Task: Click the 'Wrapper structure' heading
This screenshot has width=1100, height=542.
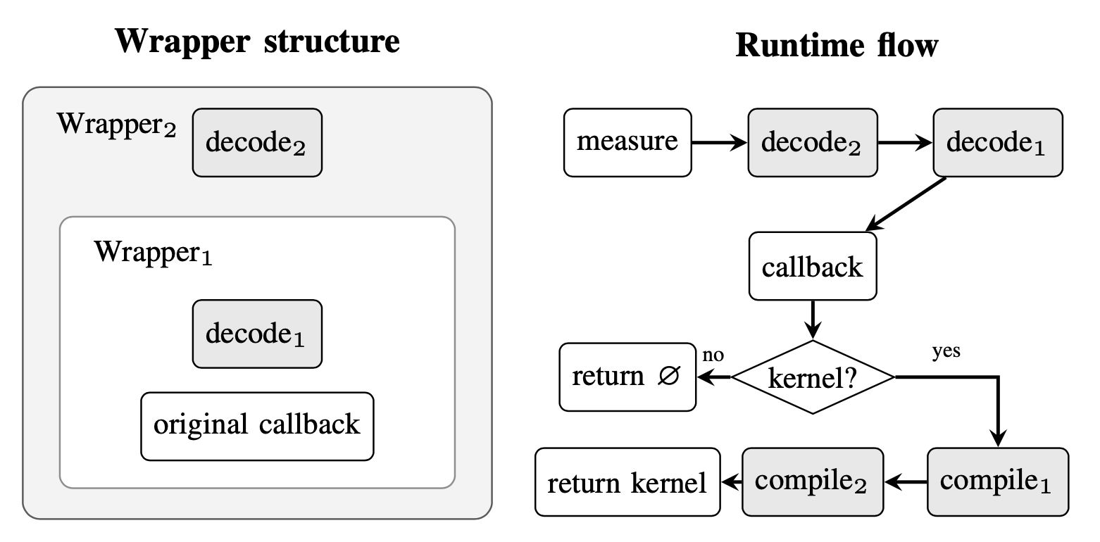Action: tap(257, 42)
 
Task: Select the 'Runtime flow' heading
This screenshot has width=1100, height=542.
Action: tap(837, 46)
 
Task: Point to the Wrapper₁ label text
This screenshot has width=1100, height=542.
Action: tap(154, 253)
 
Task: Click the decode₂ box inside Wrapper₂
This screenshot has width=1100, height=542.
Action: tap(257, 142)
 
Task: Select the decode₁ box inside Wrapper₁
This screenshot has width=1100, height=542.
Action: tap(257, 334)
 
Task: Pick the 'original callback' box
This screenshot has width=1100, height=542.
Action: tap(257, 426)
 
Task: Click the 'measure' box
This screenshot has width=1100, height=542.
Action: tap(627, 142)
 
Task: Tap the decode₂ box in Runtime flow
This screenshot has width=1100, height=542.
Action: tap(813, 142)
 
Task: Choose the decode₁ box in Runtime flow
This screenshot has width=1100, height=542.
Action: tap(997, 142)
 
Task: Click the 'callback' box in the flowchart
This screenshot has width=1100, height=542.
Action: tap(813, 266)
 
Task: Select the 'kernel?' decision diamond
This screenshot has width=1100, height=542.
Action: tap(813, 377)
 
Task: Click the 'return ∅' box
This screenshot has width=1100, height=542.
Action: tap(627, 377)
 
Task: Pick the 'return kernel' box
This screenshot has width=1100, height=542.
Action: tap(627, 482)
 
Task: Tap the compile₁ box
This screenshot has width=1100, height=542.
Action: tap(997, 482)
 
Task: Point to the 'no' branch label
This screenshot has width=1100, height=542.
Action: tap(713, 355)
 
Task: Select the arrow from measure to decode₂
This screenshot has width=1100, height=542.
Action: tap(719, 143)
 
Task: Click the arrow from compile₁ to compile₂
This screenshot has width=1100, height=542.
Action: tap(906, 482)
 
